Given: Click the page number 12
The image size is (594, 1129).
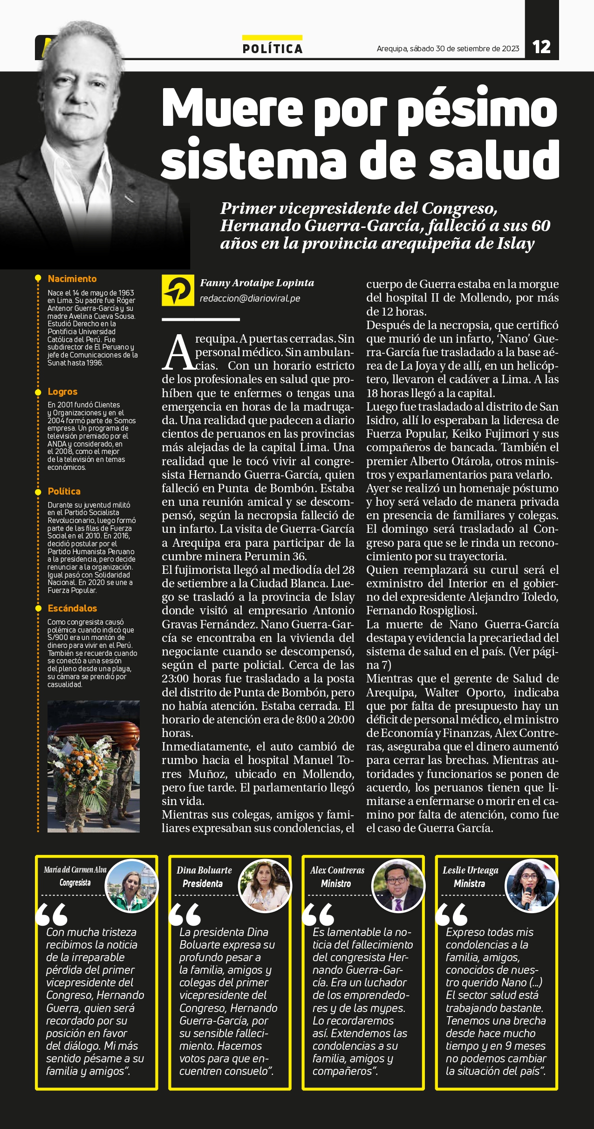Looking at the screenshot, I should pyautogui.click(x=541, y=47).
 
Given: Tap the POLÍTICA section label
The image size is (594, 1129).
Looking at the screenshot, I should pyautogui.click(x=273, y=48).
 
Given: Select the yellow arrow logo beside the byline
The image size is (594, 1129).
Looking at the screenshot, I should pyautogui.click(x=178, y=290).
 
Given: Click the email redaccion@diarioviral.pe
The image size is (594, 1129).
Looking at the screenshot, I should pyautogui.click(x=250, y=299).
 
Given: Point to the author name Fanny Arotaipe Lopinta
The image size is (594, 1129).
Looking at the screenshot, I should pyautogui.click(x=257, y=283).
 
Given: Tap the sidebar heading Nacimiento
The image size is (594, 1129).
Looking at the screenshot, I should pyautogui.click(x=72, y=279).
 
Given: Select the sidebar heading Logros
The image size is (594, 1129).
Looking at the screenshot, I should pyautogui.click(x=62, y=392).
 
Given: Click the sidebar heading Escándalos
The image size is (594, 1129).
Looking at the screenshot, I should pyautogui.click(x=72, y=608).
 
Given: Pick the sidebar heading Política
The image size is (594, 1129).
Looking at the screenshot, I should pyautogui.click(x=64, y=491).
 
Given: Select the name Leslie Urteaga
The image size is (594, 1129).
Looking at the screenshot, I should pyautogui.click(x=470, y=870).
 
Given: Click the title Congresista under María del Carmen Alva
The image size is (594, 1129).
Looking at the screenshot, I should pyautogui.click(x=75, y=882).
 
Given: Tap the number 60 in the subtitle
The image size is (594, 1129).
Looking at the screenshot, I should pyautogui.click(x=540, y=226).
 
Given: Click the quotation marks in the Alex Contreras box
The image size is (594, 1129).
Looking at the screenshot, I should pyautogui.click(x=318, y=914).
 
